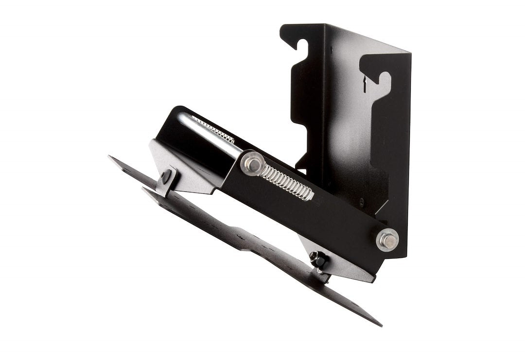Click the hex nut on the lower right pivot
point(387,240)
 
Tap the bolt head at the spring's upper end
point(251,164)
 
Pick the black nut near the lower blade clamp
point(318,259)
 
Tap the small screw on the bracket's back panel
point(361,200)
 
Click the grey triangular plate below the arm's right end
point(340,265)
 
